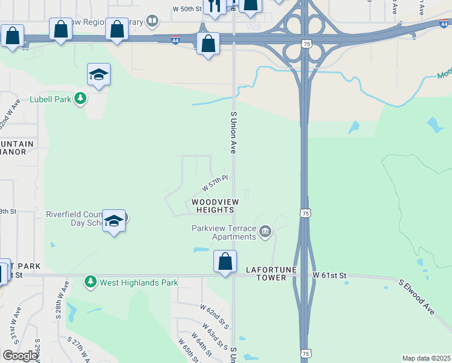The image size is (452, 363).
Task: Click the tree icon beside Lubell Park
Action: [80, 98]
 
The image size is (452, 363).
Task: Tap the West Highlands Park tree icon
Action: [91, 282]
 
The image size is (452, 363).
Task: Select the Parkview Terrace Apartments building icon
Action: [265, 232]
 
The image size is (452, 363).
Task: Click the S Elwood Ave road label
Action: [417, 296]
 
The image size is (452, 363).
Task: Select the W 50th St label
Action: [187, 9]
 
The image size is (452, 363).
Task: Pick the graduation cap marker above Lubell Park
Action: [98, 74]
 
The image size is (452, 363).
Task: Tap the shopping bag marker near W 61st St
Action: [225, 263]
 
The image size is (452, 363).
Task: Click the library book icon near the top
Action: [153, 22]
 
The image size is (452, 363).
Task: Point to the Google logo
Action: [20, 356]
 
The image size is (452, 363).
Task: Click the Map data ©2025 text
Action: [426, 358]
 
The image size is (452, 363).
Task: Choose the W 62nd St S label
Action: [215, 316]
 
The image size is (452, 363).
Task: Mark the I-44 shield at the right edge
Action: [445, 23]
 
